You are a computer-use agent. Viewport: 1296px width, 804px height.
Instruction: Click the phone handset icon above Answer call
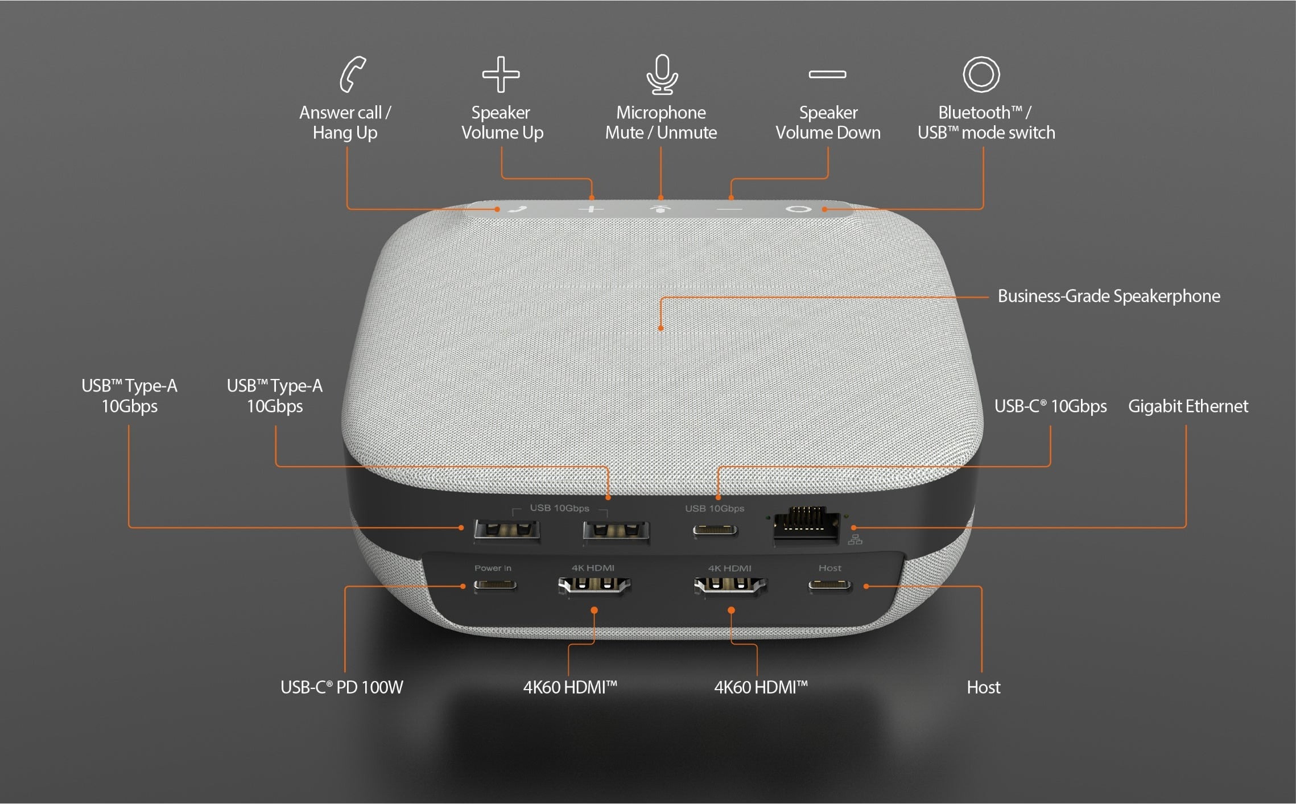click(352, 74)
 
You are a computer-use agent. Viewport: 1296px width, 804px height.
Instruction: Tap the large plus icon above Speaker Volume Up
click(501, 74)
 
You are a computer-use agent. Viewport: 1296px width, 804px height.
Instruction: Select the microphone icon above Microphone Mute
click(662, 74)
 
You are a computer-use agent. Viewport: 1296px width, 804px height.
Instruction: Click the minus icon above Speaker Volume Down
click(827, 74)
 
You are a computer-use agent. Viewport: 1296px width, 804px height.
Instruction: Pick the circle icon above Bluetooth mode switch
click(981, 74)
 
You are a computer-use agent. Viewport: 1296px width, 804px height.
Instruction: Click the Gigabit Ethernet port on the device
click(806, 525)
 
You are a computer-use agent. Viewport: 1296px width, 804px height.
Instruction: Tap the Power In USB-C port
click(495, 584)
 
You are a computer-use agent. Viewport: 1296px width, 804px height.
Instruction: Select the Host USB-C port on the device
click(830, 584)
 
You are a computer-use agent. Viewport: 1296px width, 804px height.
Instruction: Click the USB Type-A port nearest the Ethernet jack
click(616, 531)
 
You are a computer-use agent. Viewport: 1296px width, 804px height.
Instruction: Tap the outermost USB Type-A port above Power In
click(507, 531)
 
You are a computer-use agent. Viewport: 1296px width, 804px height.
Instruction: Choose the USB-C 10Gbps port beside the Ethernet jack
click(715, 531)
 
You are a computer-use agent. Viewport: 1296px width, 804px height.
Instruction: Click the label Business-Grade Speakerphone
click(1109, 296)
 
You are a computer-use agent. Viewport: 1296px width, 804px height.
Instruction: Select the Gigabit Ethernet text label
click(1188, 406)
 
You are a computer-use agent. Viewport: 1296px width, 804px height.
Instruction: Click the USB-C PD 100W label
click(342, 687)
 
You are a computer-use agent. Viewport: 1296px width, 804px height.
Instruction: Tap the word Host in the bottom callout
click(984, 687)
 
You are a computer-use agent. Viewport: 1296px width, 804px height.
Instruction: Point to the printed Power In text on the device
click(493, 568)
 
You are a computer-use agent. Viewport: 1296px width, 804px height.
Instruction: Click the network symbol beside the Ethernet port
click(855, 539)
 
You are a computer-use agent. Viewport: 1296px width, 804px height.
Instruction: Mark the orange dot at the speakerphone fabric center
click(661, 328)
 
